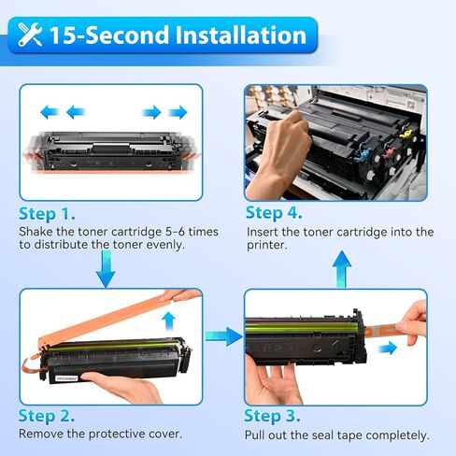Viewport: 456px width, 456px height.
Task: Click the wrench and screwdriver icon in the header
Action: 30,36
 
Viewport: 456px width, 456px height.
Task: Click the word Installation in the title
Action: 235,36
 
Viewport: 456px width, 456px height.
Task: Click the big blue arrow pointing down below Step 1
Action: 107,270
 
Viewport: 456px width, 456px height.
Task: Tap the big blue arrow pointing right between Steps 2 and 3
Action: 223,334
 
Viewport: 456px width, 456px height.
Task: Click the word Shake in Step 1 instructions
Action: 37,231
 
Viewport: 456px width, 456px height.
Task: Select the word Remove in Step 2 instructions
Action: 42,435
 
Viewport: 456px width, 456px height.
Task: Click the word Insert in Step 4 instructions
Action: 264,232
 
